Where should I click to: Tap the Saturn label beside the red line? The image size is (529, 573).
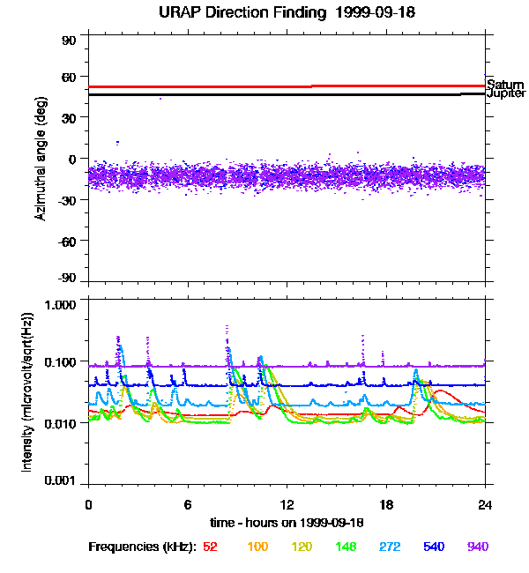[x=505, y=85]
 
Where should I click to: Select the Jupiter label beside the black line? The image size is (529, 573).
[x=506, y=93]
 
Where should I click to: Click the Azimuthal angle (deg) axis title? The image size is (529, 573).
[x=41, y=159]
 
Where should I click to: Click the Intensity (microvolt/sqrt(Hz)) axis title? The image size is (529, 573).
[x=27, y=392]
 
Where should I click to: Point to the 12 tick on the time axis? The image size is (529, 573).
[x=287, y=505]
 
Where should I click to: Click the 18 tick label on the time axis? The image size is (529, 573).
[x=385, y=505]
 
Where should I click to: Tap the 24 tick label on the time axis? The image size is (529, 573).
[x=485, y=505]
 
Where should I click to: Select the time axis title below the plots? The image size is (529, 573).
[x=287, y=523]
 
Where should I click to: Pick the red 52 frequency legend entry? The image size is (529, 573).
[x=210, y=547]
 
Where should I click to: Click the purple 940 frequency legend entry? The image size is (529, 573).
[x=478, y=547]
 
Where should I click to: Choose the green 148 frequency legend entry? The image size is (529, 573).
[x=346, y=547]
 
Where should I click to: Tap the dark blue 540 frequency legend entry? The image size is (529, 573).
[x=434, y=547]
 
